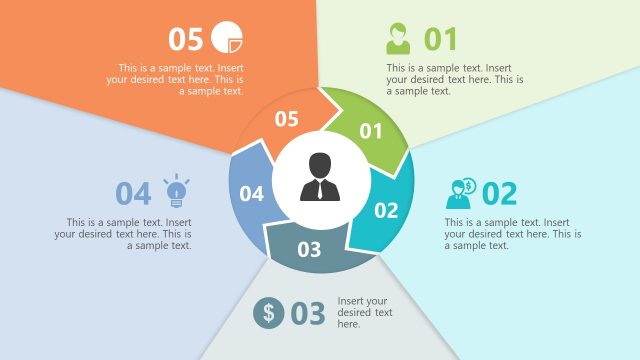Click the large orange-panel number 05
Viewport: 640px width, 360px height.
tap(186, 39)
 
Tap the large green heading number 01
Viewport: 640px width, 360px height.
tap(440, 39)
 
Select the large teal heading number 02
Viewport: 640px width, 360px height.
tap(499, 193)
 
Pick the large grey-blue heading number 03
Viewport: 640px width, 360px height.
tap(308, 313)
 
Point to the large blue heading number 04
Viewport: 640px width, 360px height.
tap(133, 193)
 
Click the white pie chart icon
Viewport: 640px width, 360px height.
tap(227, 38)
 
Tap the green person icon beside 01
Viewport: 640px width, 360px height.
tap(398, 39)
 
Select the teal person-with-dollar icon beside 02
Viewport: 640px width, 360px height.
tap(462, 193)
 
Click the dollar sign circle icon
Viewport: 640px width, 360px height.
tap(268, 313)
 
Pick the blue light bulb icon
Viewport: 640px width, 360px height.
tap(176, 191)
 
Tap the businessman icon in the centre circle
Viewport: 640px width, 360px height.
tap(319, 177)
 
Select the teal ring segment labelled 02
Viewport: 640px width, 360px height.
tap(386, 210)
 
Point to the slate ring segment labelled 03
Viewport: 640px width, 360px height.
tap(310, 249)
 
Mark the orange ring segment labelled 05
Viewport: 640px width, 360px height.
tap(286, 119)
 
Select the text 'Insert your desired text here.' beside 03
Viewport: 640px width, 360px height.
tap(362, 312)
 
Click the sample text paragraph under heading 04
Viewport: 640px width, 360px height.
tap(124, 233)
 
